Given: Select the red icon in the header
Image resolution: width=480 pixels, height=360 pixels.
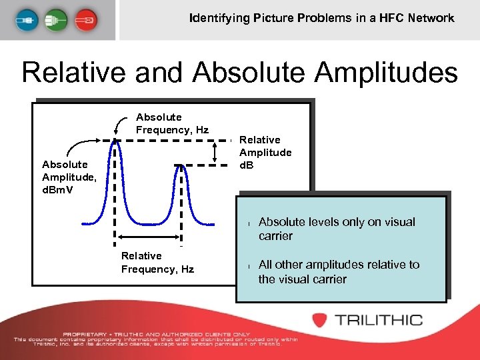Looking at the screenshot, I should pyautogui.click(x=85, y=20).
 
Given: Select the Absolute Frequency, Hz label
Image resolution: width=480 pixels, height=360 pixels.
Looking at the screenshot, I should pyautogui.click(x=172, y=123).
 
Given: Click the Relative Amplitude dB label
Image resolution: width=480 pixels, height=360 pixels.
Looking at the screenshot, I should pyautogui.click(x=265, y=152).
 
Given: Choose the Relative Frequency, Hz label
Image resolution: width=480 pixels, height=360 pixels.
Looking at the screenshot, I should pyautogui.click(x=157, y=262).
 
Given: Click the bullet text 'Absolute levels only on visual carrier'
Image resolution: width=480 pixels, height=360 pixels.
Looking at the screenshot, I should pyautogui.click(x=337, y=229).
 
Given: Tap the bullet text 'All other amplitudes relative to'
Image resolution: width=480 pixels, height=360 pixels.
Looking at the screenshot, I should pyautogui.click(x=339, y=265).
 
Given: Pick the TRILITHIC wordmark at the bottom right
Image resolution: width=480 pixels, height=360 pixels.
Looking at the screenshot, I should pyautogui.click(x=379, y=320).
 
